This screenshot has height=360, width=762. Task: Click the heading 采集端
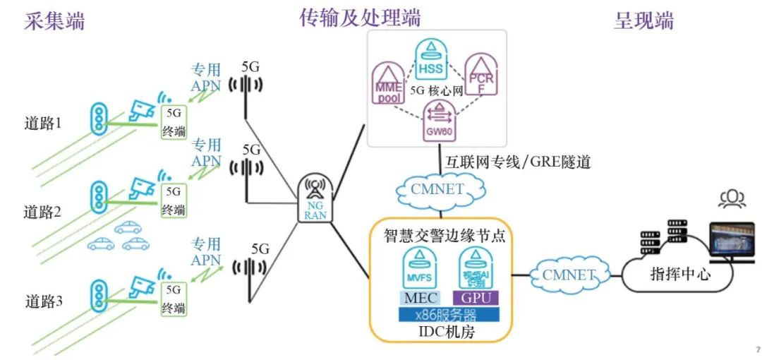54,21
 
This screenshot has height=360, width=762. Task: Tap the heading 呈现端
643,21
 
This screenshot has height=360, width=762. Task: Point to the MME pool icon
387,83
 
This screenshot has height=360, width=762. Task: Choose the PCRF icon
482,75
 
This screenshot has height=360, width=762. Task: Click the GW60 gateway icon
438,121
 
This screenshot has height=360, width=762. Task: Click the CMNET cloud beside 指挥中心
568,275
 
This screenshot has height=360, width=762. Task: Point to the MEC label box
421,297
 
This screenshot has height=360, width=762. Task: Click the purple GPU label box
476,297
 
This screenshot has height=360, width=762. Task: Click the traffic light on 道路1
98,118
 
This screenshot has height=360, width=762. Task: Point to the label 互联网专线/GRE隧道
517,162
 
